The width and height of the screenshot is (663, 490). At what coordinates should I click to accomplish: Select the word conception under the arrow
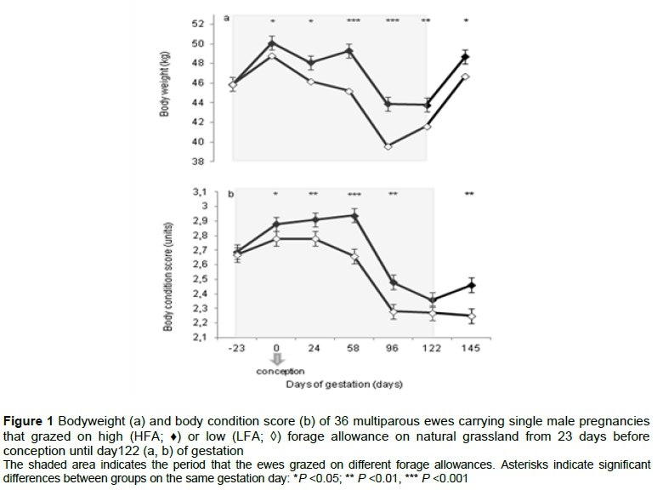tap(280, 372)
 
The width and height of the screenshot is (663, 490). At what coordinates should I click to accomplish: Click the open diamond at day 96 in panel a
tap(388, 146)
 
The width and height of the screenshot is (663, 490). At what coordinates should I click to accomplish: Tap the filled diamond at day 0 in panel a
tap(272, 43)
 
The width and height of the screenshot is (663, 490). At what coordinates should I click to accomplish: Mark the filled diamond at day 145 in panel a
tap(465, 58)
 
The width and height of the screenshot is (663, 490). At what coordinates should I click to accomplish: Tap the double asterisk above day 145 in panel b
tap(468, 195)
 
